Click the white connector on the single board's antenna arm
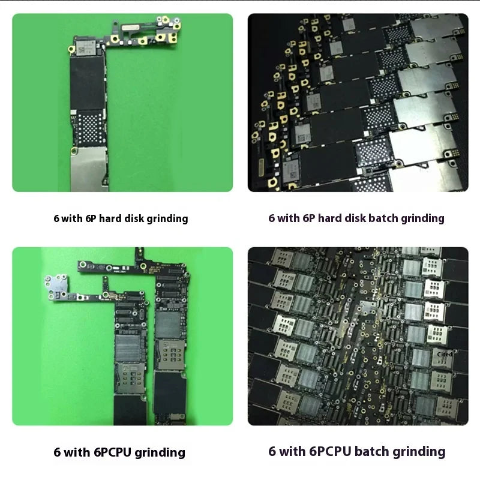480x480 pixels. coord(128,28)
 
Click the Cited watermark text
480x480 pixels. coord(445,355)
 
